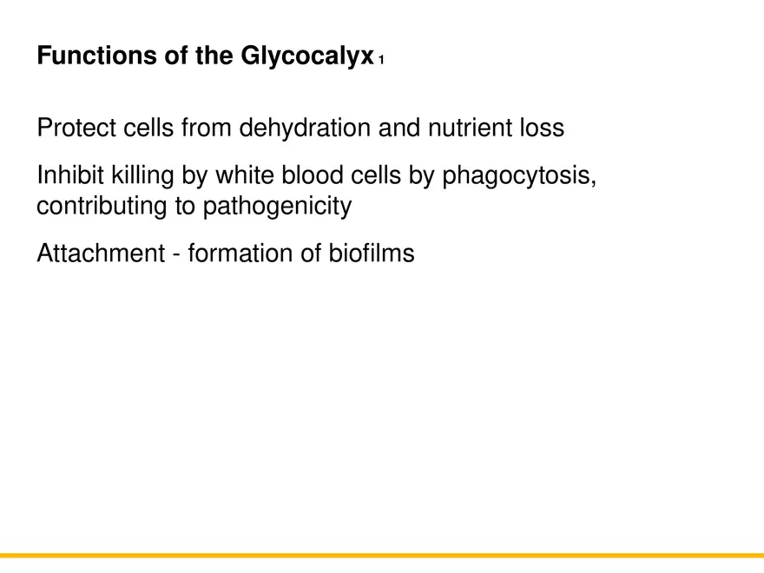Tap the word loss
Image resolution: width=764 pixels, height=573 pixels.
pos(542,128)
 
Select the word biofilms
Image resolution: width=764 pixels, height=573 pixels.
pos(372,254)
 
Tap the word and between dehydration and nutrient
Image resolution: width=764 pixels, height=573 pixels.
pos(396,128)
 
